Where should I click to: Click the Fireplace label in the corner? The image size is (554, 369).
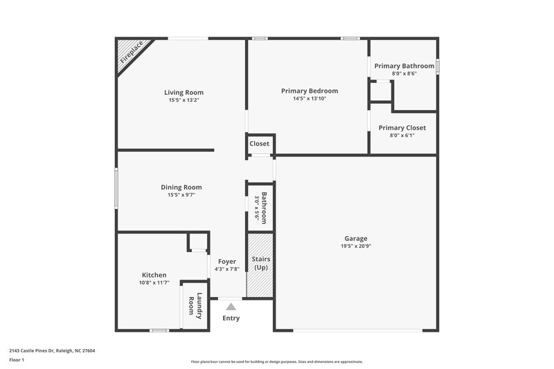pos(132,53)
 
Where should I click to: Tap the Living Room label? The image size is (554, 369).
pos(184,92)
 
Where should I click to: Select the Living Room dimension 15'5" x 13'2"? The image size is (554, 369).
pos(184,100)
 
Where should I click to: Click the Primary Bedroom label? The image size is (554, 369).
pos(309,91)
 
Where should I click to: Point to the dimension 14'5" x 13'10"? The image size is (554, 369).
pos(309,99)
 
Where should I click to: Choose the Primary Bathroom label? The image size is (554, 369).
pos(404,66)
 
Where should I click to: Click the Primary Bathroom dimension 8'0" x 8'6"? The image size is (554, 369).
pos(404,73)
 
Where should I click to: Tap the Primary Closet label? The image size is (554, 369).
pos(402,127)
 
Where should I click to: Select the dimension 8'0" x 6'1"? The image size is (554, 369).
pos(402,136)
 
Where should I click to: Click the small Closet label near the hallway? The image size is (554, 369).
pos(260,144)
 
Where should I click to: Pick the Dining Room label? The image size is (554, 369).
pos(181,187)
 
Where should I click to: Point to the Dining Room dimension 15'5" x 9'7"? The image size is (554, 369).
pos(181,195)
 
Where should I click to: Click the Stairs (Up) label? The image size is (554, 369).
pos(261,263)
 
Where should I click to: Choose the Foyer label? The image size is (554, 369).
pos(227,261)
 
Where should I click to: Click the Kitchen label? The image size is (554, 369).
pos(154,275)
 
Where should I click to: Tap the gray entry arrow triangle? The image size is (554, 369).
pos(231,306)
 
